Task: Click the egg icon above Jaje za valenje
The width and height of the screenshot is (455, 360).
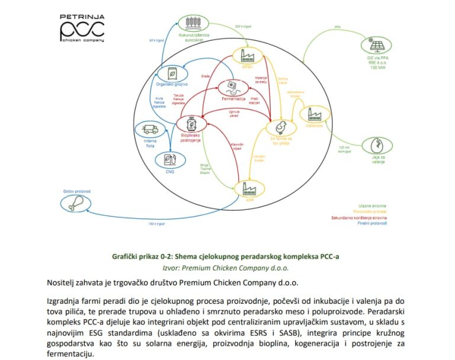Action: click(377, 145)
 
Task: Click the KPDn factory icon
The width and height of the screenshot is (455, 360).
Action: click(247, 56)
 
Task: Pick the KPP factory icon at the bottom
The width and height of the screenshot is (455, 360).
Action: click(249, 189)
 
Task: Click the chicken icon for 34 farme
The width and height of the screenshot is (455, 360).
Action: click(278, 127)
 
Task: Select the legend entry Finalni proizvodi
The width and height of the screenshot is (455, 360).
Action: click(373, 224)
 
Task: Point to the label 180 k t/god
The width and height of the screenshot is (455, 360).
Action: click(156, 224)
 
